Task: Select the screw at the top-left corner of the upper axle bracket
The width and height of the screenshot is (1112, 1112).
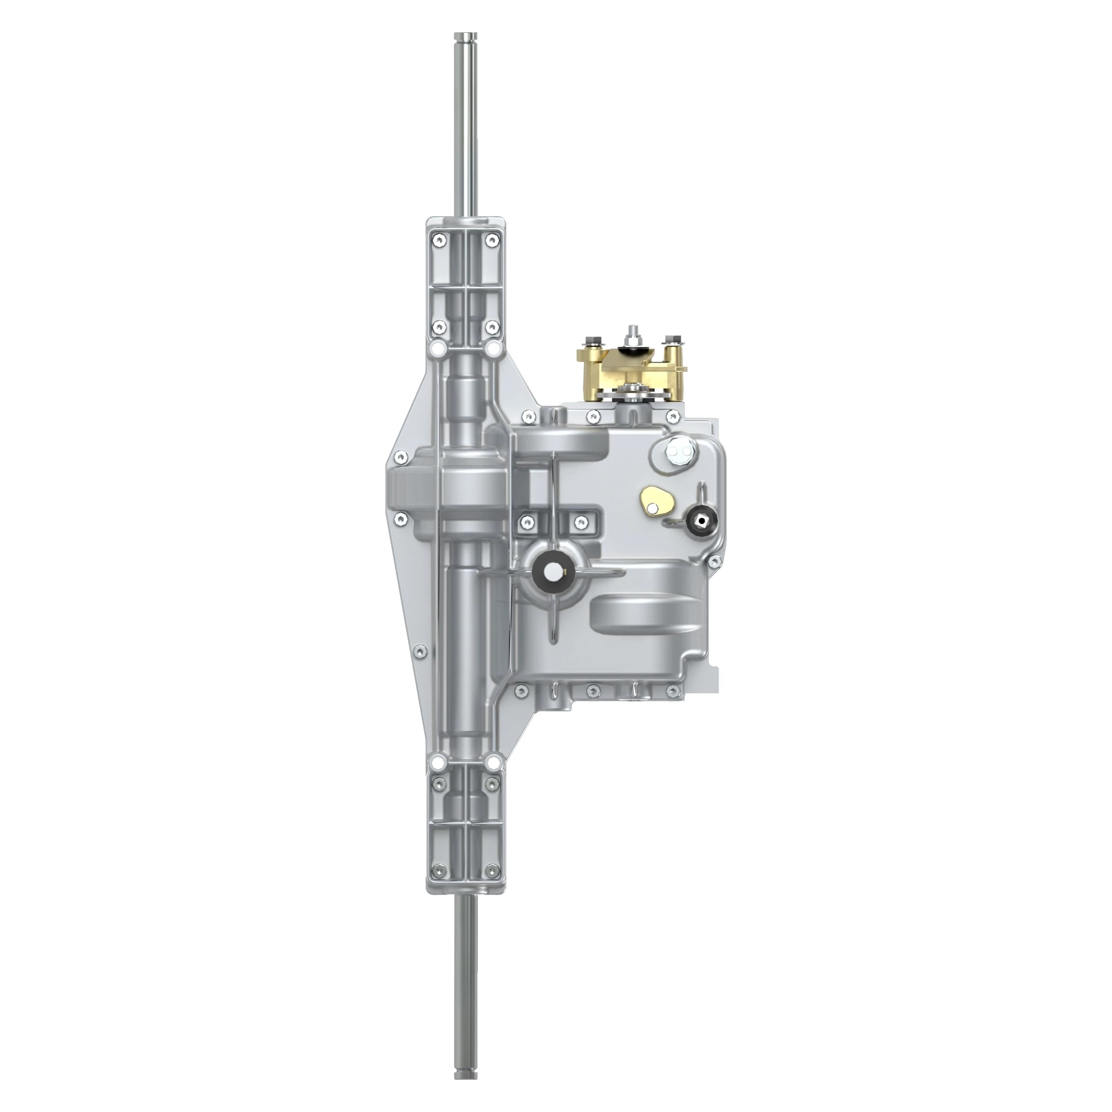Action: [x=440, y=240]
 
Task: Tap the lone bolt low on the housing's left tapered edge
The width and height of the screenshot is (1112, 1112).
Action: [x=421, y=651]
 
